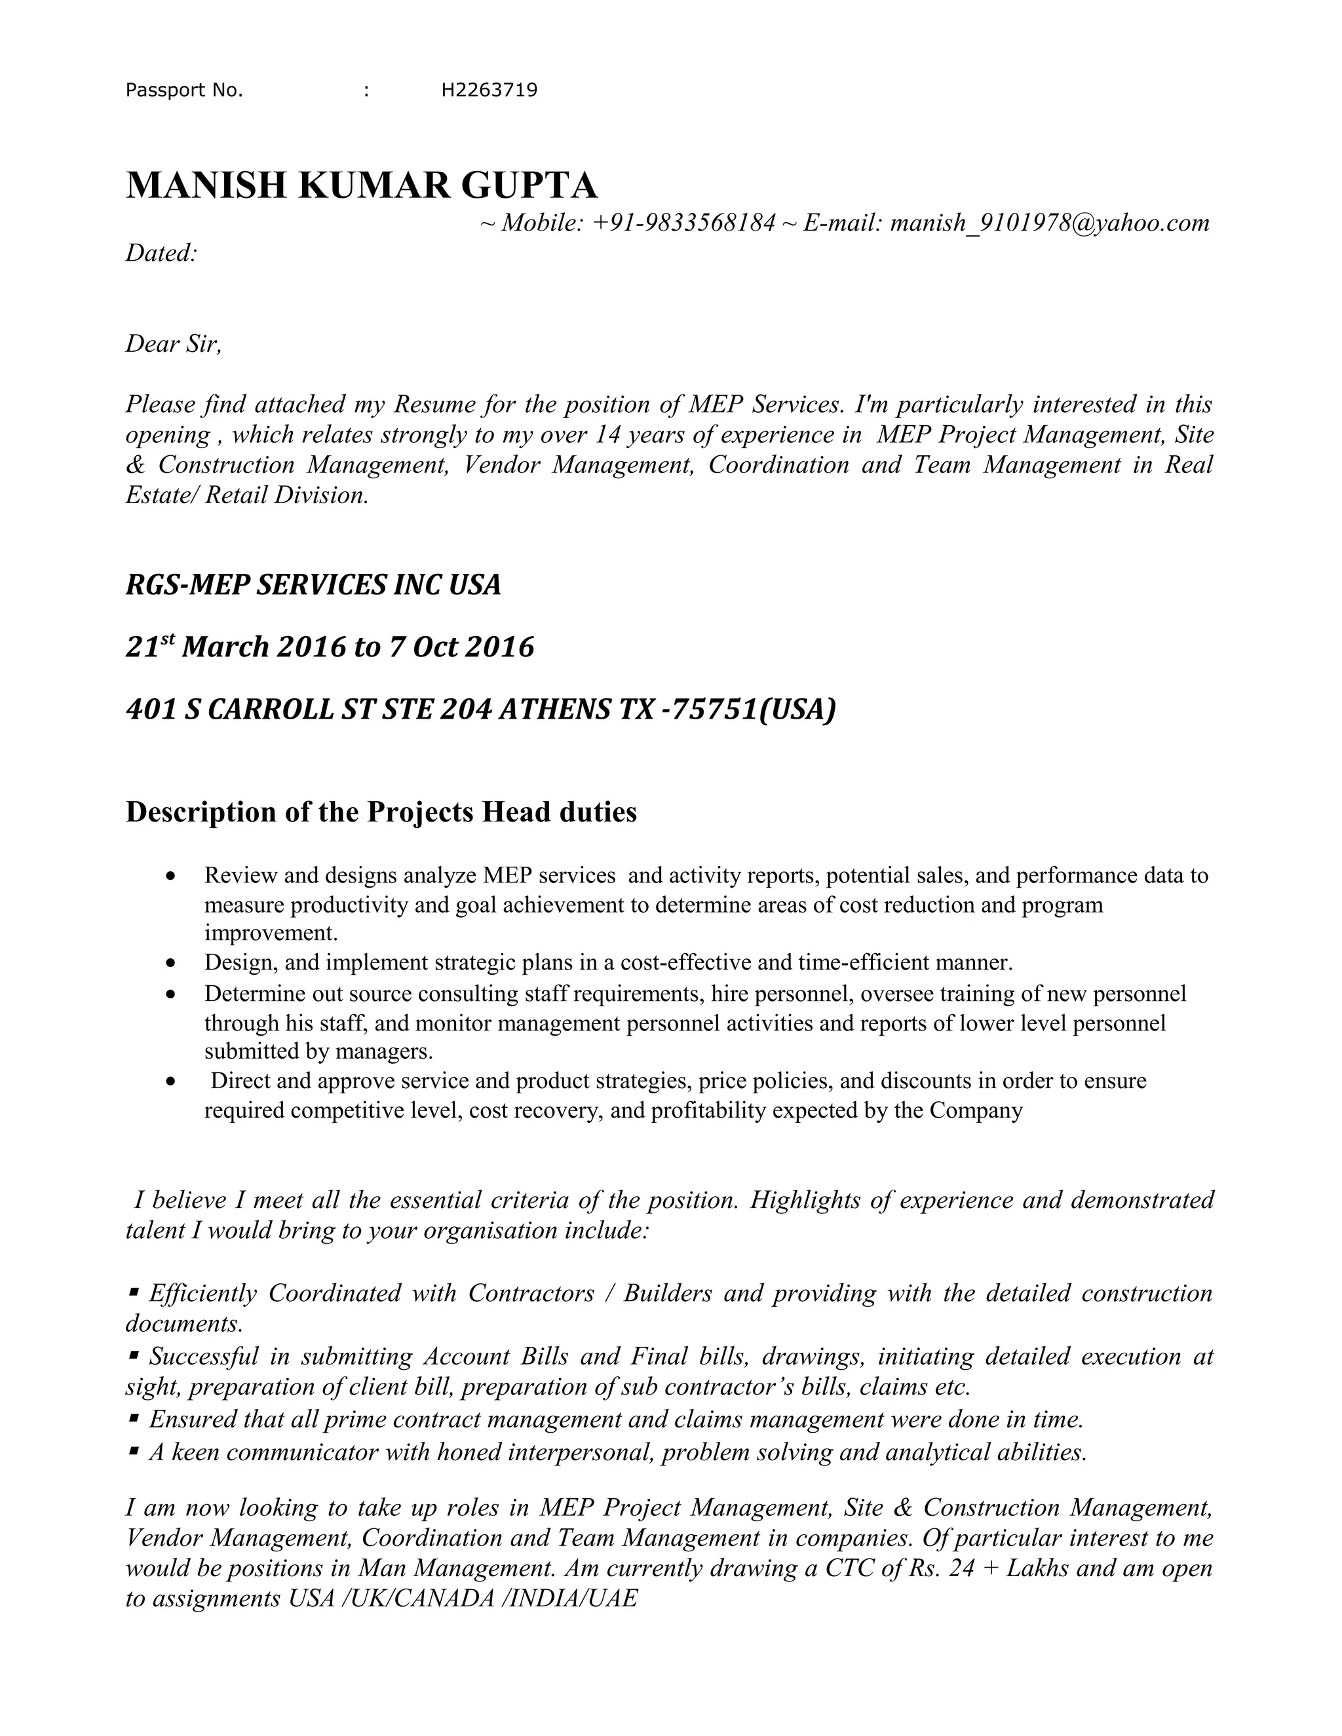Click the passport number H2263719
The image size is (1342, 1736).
click(x=489, y=90)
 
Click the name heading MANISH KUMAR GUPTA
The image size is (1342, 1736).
click(x=361, y=185)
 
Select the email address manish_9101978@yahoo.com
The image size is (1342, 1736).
click(x=1050, y=223)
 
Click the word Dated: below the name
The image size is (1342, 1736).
click(x=161, y=254)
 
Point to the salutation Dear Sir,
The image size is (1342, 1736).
click(x=173, y=344)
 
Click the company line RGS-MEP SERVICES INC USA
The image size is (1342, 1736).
click(x=313, y=585)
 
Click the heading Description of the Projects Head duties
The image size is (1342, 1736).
click(x=381, y=812)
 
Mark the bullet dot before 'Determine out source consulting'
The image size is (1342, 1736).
click(x=170, y=994)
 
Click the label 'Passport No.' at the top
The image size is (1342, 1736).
click(x=184, y=90)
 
